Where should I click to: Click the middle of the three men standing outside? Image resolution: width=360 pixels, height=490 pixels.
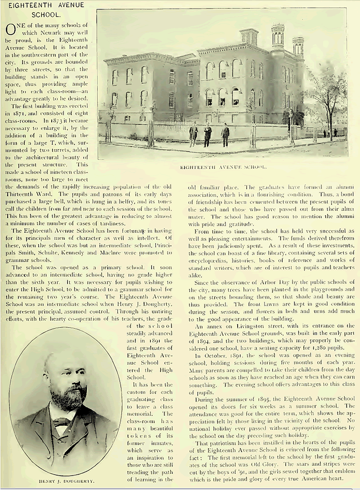coord(207,135)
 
